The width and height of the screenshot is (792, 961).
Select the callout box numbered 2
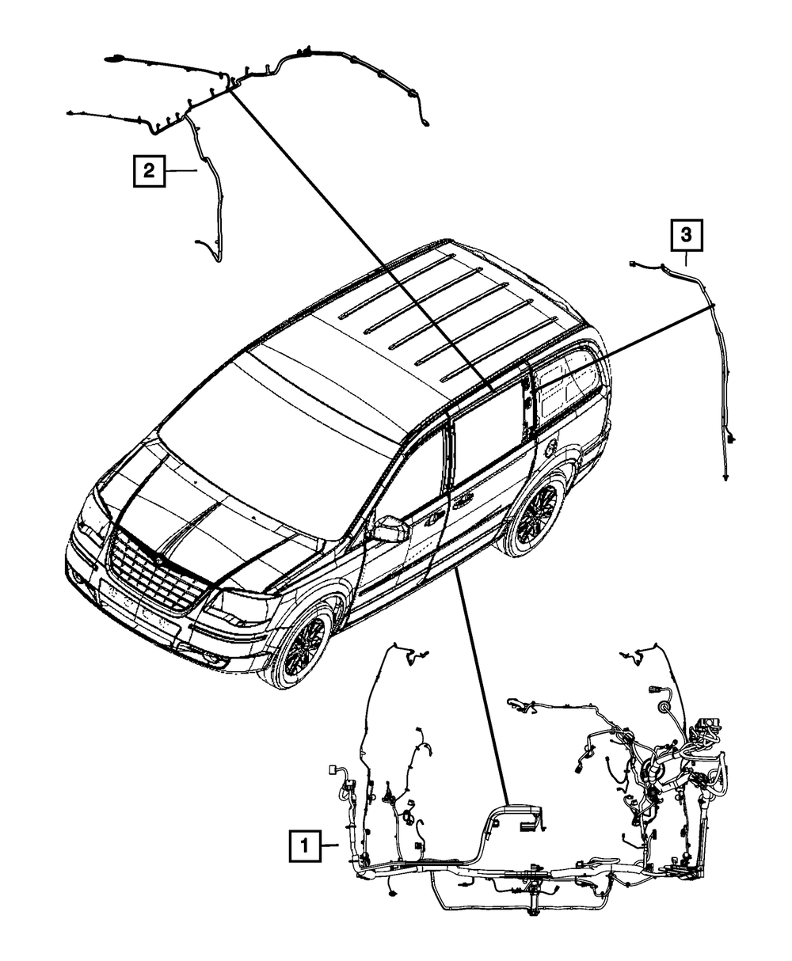pyautogui.click(x=150, y=170)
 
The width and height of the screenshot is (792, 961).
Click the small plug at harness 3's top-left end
pyautogui.click(x=633, y=264)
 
